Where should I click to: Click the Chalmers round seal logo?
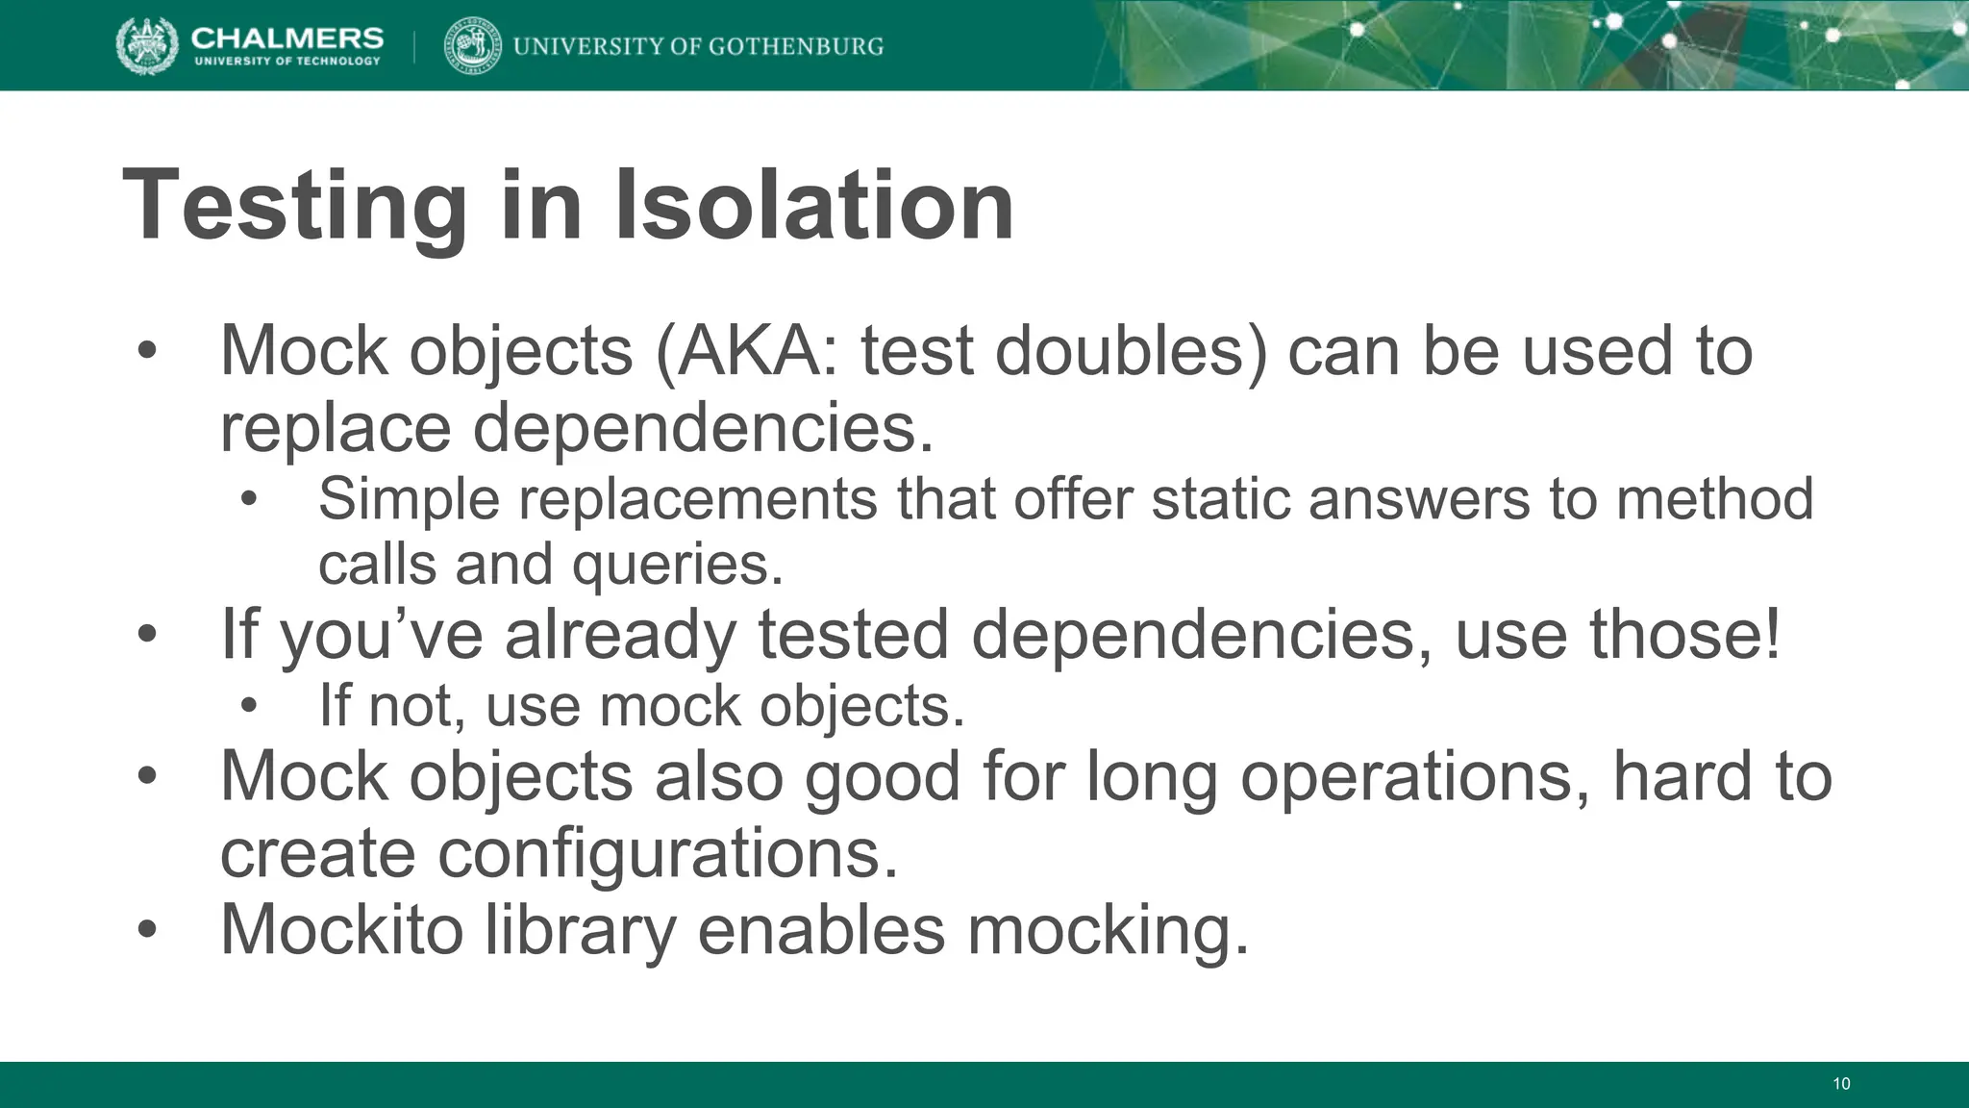point(147,46)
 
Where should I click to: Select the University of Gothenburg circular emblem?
point(472,46)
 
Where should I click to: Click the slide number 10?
point(1841,1084)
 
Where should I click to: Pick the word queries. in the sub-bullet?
point(679,564)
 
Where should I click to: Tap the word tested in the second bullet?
point(854,634)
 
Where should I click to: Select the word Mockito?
point(341,929)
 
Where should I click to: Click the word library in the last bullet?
point(580,929)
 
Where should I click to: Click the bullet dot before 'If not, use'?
point(250,707)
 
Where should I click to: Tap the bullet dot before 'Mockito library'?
point(146,930)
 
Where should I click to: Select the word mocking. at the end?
point(1108,929)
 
